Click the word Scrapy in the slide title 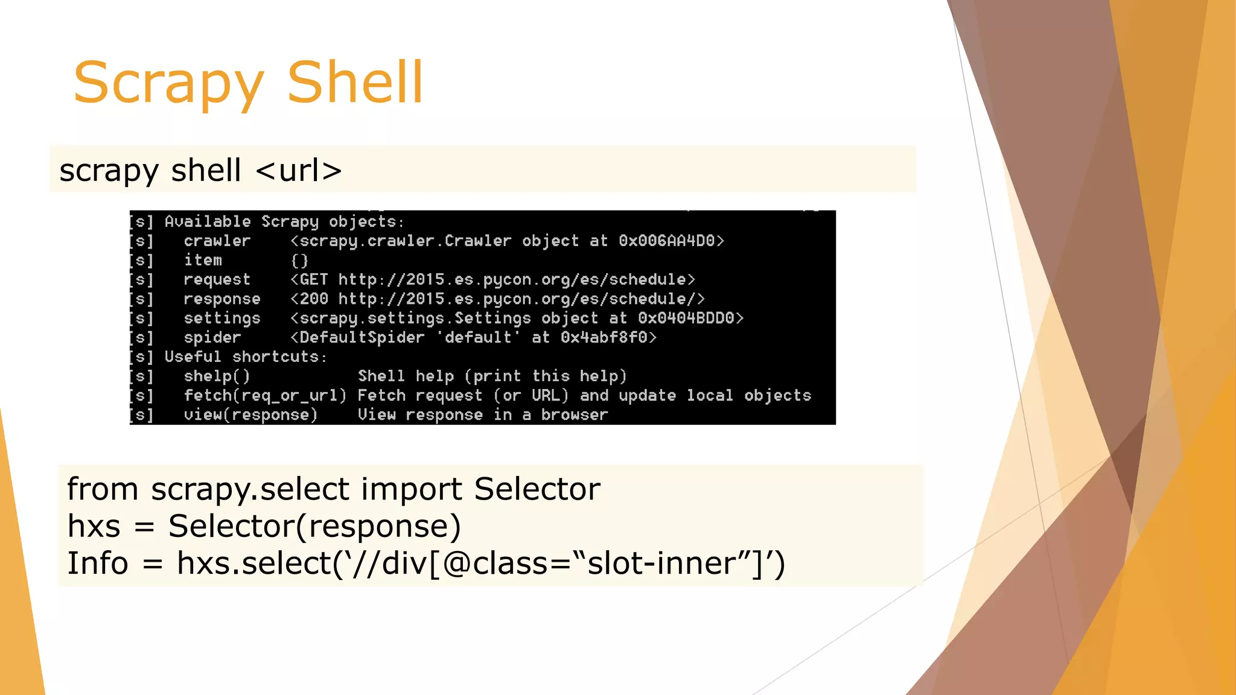[x=168, y=83]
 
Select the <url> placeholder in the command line [x=299, y=171]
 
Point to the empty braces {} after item [x=299, y=261]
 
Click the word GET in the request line [x=314, y=280]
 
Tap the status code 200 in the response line [x=314, y=299]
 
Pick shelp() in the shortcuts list [x=217, y=376]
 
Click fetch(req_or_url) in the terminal [x=265, y=396]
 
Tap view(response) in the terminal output [x=250, y=415]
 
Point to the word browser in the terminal [x=574, y=415]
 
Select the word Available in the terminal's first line [x=208, y=222]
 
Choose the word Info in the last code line [x=97, y=563]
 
